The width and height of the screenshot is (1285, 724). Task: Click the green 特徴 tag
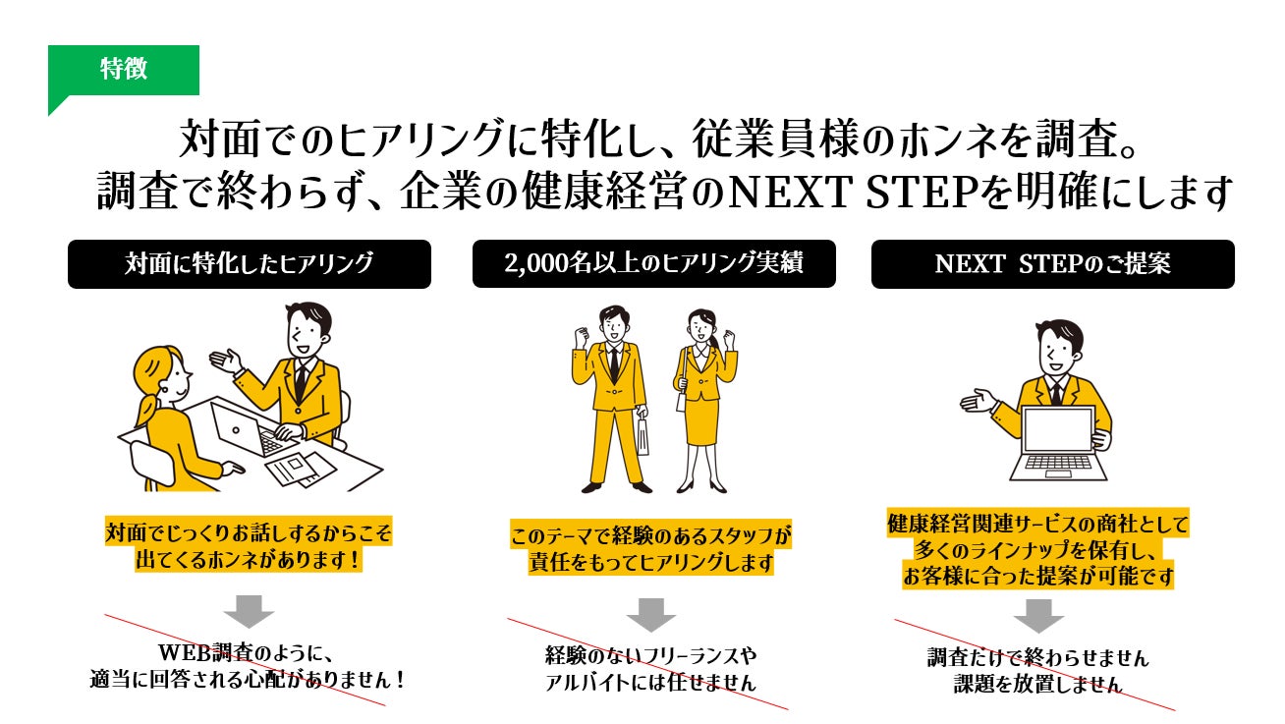point(124,70)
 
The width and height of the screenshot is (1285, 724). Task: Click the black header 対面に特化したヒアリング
point(249,264)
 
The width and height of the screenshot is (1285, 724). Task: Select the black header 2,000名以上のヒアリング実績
point(653,264)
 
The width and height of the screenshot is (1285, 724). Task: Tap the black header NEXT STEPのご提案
point(1052,264)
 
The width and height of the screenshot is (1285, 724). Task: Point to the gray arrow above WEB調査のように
point(249,611)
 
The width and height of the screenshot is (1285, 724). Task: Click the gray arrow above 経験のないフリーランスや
point(651,614)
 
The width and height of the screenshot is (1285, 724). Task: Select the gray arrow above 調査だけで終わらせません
point(1038,615)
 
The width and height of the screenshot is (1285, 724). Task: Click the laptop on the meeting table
point(240,428)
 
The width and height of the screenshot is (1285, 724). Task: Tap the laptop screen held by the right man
point(1058,433)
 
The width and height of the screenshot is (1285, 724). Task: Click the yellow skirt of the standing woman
point(701,418)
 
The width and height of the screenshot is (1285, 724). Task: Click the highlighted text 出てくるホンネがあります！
point(249,561)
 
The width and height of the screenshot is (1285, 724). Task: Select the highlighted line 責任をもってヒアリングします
point(651,564)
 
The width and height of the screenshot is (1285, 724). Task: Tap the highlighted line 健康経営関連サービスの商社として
point(1037,524)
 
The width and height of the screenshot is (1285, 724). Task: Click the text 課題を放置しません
point(1037,685)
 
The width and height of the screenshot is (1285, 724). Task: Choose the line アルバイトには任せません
point(651,683)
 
